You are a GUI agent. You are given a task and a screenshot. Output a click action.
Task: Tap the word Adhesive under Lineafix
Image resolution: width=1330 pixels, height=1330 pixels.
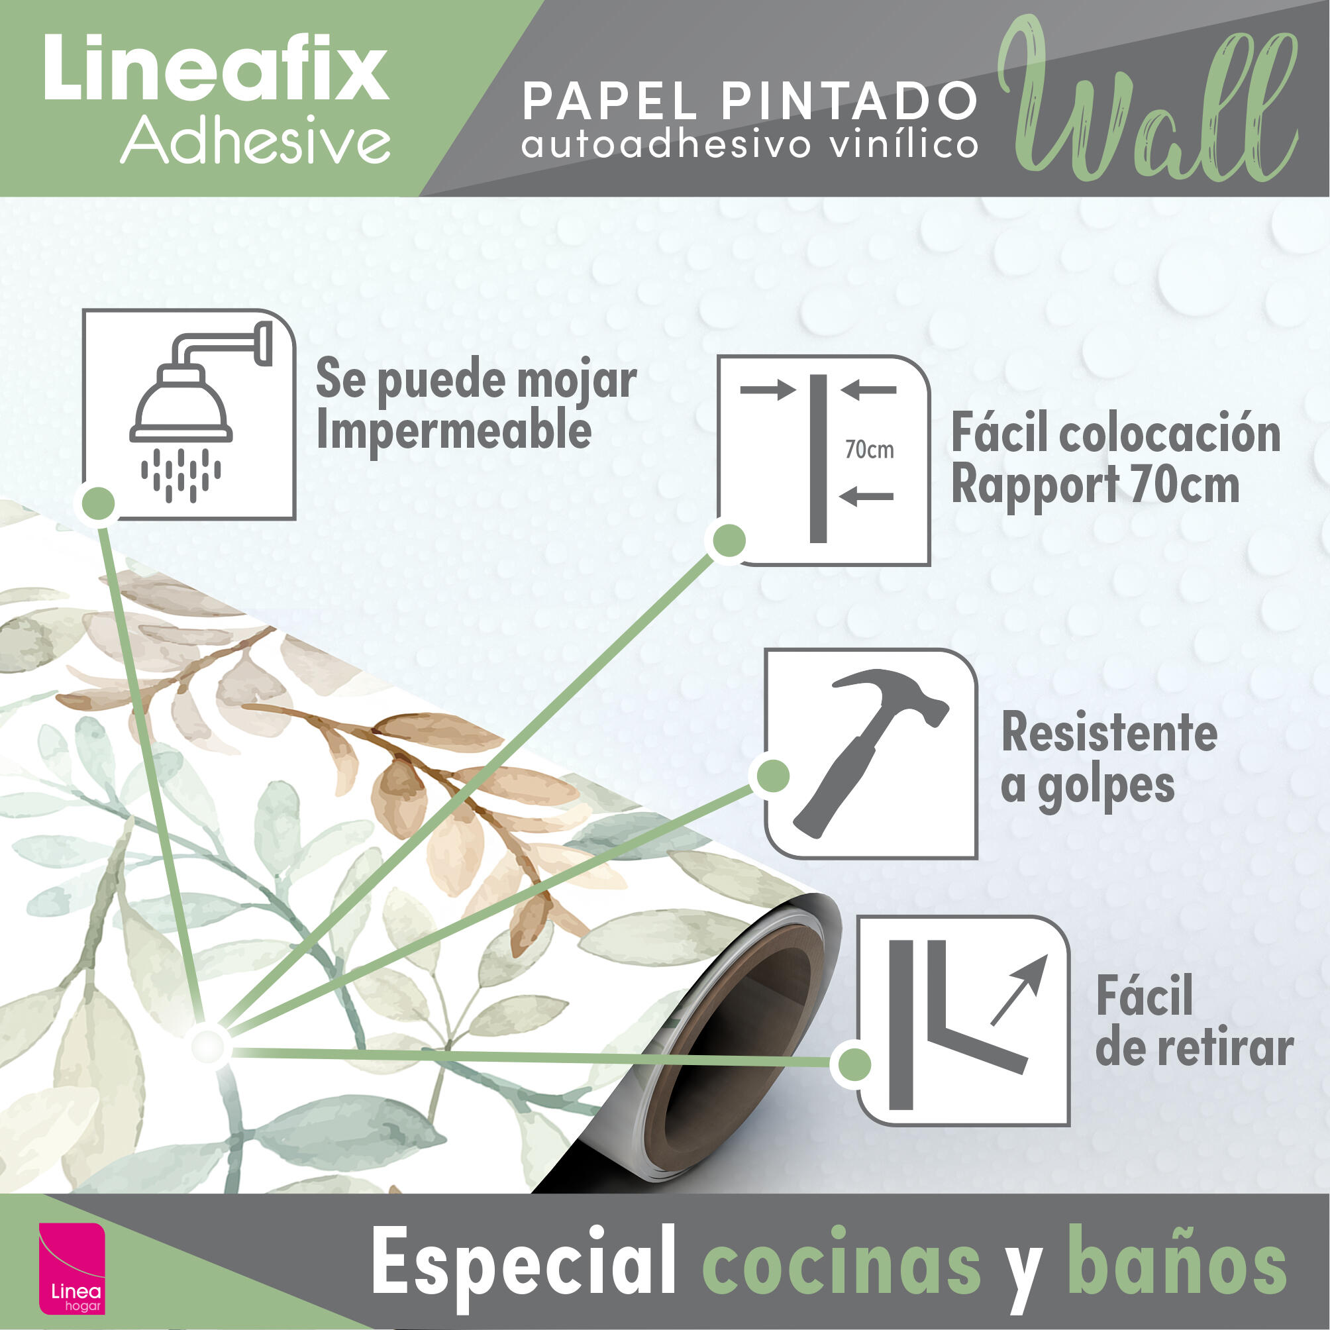256,140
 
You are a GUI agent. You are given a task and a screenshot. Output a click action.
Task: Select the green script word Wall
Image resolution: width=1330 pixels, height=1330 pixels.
1146,103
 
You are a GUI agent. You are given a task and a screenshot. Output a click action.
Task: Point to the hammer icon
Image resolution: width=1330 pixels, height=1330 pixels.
872,750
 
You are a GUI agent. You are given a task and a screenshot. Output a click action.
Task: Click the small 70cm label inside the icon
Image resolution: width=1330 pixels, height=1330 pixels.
870,450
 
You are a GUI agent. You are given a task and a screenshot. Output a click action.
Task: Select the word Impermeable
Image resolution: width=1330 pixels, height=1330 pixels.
454,431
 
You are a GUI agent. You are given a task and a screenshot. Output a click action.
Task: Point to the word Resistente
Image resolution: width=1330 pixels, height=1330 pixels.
1109,733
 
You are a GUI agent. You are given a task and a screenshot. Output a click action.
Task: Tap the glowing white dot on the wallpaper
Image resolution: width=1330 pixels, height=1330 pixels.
207,1047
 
